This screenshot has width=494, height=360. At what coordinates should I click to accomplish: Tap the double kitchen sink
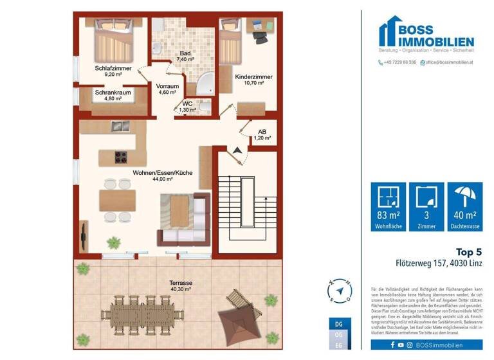click(x=120, y=126)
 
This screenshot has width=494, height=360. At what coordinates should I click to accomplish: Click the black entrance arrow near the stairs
click(x=238, y=149)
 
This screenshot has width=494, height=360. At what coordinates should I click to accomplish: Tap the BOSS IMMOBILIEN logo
click(x=426, y=35)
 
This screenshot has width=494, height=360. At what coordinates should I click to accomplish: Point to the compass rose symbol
click(x=340, y=289)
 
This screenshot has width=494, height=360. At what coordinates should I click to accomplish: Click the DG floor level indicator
click(x=339, y=323)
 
